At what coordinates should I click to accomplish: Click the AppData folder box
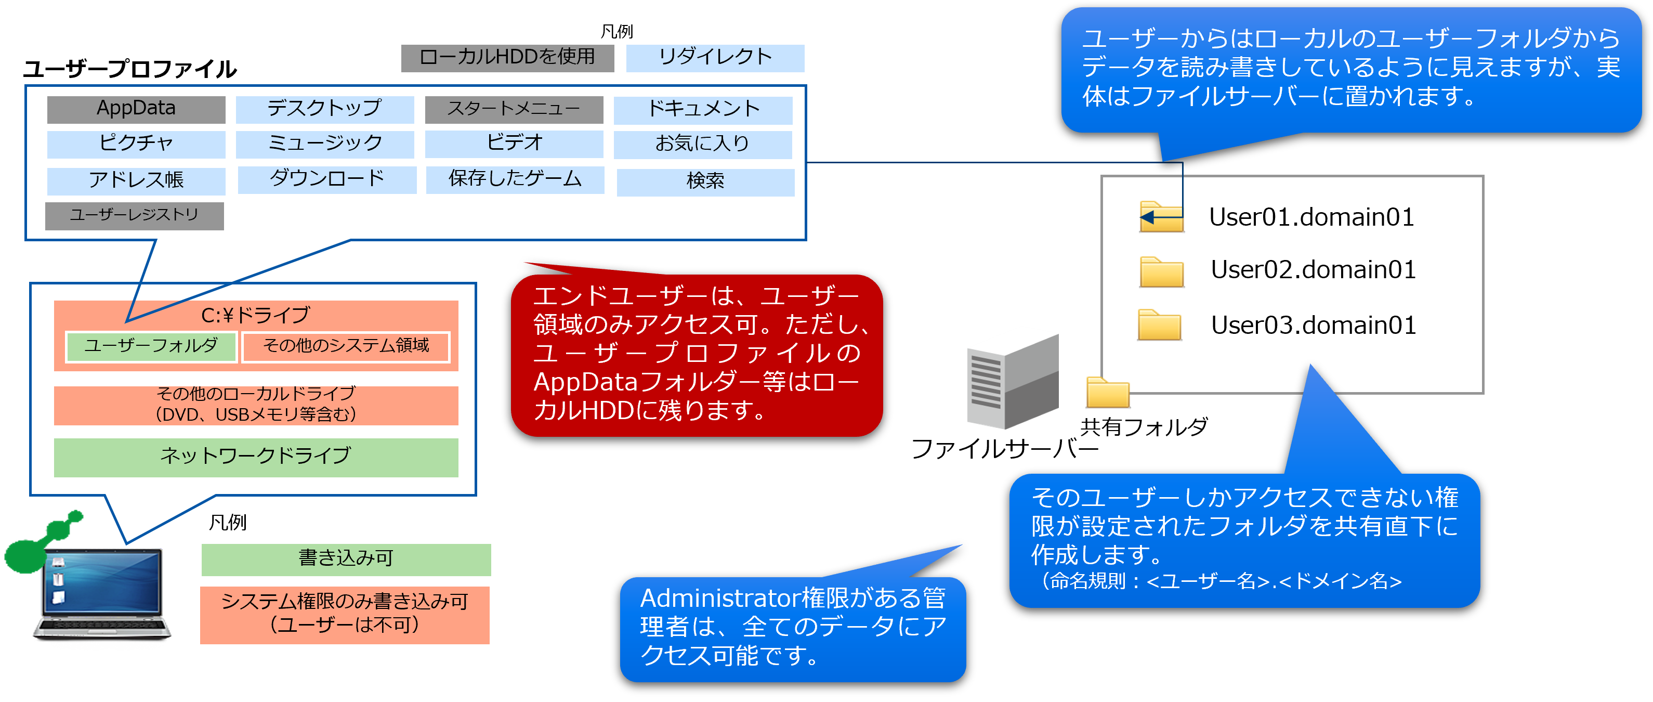[x=136, y=109]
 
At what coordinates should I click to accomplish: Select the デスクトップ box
[x=325, y=109]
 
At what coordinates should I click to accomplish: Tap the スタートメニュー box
[x=514, y=109]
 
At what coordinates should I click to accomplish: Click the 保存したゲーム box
[x=515, y=179]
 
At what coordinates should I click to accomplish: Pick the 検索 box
[x=705, y=181]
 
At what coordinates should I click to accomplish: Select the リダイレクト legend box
[x=715, y=58]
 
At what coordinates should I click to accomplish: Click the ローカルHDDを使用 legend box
[x=507, y=58]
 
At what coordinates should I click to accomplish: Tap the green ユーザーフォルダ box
[x=151, y=346]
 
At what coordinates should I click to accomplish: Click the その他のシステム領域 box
[x=346, y=346]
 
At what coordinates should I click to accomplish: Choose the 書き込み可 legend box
[x=346, y=559]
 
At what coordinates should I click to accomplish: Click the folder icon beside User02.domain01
[x=1161, y=272]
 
